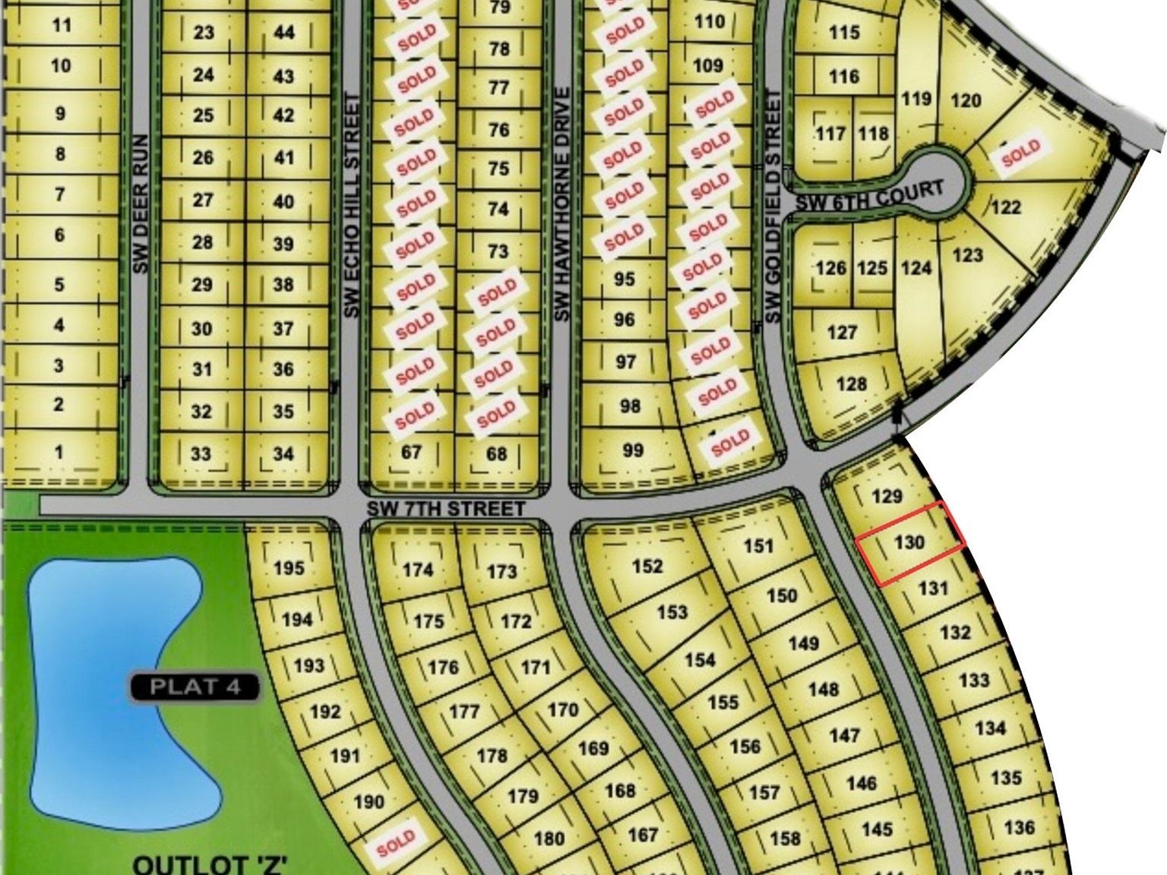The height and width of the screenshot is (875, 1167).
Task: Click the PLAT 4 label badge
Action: [x=195, y=687]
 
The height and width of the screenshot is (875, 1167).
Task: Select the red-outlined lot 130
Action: [x=910, y=543]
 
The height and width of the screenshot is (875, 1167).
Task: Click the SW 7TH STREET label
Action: [x=446, y=508]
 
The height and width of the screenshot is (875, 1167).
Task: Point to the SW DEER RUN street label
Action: [x=140, y=204]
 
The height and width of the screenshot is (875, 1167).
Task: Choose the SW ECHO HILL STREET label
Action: [x=350, y=205]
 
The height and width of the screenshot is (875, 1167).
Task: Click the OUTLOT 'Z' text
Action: [x=209, y=864]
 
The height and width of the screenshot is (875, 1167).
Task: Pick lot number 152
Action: [x=647, y=566]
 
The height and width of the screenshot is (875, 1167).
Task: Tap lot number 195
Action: [x=289, y=567]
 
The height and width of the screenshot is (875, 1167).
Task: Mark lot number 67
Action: [x=411, y=452]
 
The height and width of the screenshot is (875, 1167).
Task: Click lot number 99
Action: [x=633, y=450]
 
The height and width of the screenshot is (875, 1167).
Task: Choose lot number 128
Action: [x=851, y=384]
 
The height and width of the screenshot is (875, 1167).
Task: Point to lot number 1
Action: [x=59, y=452]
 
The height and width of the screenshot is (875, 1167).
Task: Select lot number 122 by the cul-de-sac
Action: [x=1006, y=207]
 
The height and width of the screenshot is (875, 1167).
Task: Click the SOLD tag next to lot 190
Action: [x=396, y=842]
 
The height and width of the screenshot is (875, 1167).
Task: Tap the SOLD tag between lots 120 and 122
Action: [x=1020, y=153]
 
